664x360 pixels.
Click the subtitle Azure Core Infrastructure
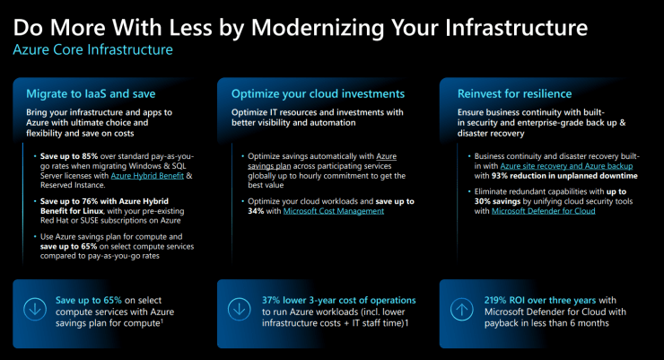(x=92, y=49)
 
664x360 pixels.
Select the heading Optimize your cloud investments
(x=318, y=92)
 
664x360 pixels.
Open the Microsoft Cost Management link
(x=333, y=211)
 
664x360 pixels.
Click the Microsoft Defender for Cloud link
(x=542, y=211)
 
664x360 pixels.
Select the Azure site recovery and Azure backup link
(x=567, y=166)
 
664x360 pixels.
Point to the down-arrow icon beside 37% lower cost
(x=240, y=308)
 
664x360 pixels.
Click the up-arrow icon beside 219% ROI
(x=461, y=308)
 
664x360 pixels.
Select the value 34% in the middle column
(x=258, y=211)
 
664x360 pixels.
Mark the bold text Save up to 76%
(x=74, y=198)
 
